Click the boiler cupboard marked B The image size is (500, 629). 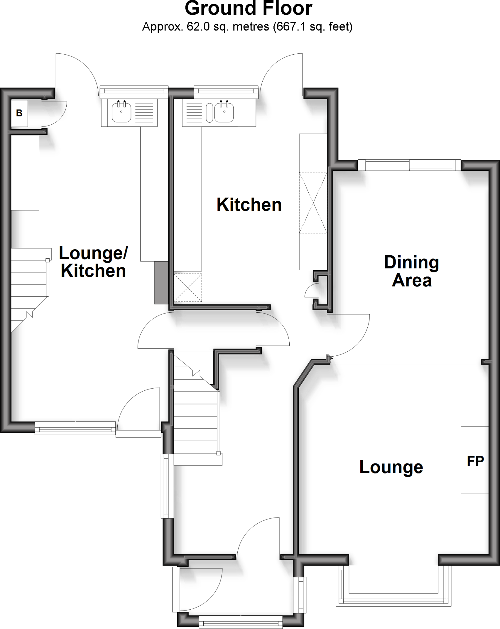pyautogui.click(x=19, y=113)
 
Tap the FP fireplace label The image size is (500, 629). pyautogui.click(x=475, y=461)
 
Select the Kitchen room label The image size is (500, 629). pyautogui.click(x=249, y=205)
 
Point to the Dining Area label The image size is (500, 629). pyautogui.click(x=412, y=271)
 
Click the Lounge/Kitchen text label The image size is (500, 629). pyautogui.click(x=93, y=262)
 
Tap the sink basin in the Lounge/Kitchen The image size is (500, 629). pyautogui.click(x=122, y=112)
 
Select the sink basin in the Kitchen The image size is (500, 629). pyautogui.click(x=224, y=112)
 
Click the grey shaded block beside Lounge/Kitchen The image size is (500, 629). pyautogui.click(x=161, y=283)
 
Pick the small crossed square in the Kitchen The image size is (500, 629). pyautogui.click(x=188, y=287)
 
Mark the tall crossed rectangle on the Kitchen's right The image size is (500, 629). pyautogui.click(x=313, y=203)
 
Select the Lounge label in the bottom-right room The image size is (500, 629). pyautogui.click(x=391, y=467)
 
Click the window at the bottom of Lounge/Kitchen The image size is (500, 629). pyautogui.click(x=75, y=428)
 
